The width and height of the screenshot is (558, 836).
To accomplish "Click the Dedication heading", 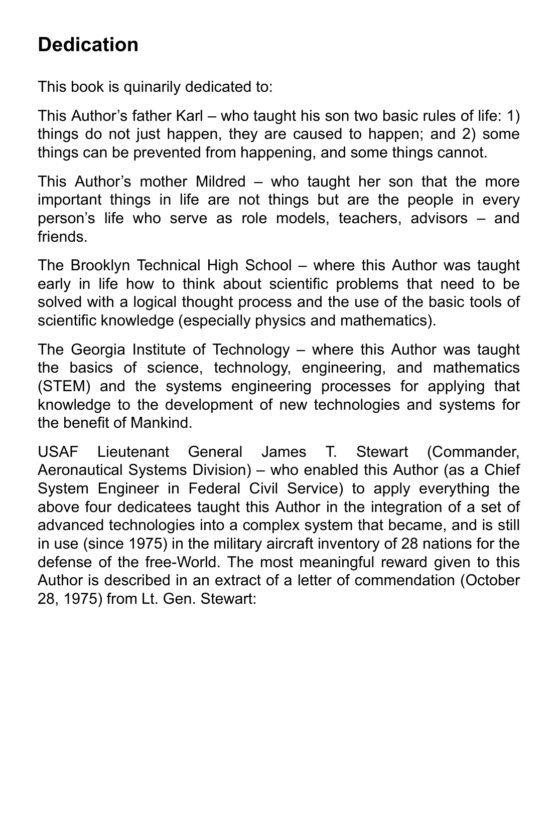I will [x=88, y=45].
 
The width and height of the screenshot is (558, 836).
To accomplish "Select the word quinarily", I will [x=152, y=87].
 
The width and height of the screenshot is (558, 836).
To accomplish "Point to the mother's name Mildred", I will [x=220, y=182].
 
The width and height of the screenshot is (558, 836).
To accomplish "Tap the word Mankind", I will [x=161, y=423].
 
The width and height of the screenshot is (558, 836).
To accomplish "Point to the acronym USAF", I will [x=58, y=452].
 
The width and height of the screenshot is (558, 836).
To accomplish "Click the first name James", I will [x=284, y=452].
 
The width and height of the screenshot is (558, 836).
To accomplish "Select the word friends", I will [x=62, y=237].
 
